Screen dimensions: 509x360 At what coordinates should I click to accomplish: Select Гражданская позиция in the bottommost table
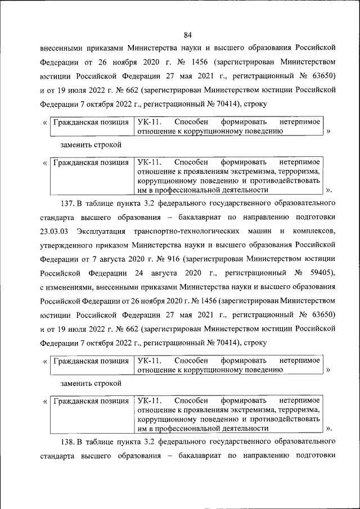90,401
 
